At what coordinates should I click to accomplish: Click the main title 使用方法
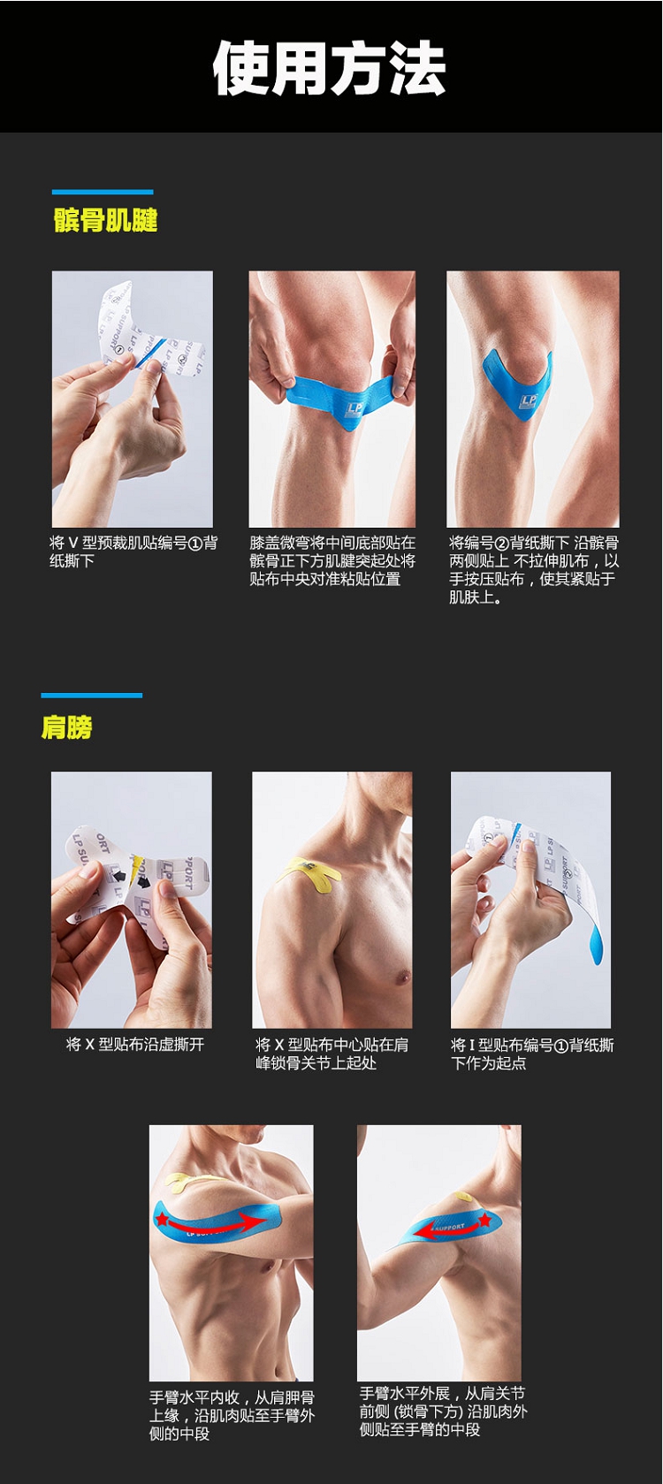click(329, 68)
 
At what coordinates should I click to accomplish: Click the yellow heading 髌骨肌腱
click(105, 220)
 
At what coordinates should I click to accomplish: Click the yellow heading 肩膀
click(66, 727)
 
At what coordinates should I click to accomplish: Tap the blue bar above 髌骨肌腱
click(103, 192)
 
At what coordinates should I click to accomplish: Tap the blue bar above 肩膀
click(91, 695)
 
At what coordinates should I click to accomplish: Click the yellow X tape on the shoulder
click(309, 872)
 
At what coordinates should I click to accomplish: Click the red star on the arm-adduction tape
click(162, 1218)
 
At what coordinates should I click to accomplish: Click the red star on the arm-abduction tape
click(484, 1219)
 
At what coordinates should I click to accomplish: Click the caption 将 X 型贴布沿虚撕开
click(134, 1045)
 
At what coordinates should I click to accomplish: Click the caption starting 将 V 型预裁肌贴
click(133, 552)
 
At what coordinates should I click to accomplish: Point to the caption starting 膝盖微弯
click(332, 560)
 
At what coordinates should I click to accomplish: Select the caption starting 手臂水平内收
click(232, 1416)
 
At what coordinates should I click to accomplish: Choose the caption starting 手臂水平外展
click(443, 1412)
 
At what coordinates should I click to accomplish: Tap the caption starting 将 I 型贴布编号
click(532, 1054)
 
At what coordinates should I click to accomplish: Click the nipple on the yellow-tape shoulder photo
click(400, 977)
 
